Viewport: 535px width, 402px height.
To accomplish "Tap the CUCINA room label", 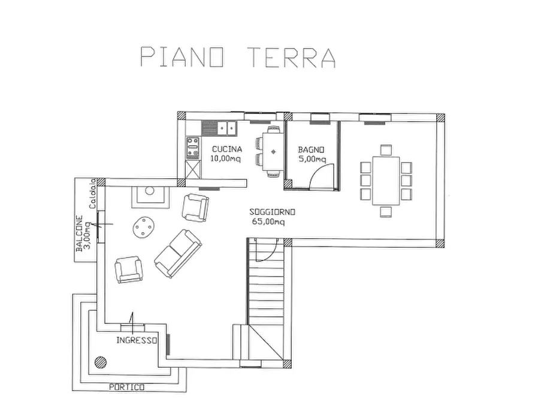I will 226,149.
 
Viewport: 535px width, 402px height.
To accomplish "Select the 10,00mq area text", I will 226,159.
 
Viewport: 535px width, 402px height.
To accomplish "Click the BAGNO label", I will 312,149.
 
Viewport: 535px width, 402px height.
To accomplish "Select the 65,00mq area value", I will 269,222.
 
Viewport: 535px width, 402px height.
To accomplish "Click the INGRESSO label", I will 137,340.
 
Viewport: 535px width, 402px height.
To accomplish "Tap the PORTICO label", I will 126,388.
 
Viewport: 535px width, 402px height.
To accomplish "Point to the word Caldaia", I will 93,194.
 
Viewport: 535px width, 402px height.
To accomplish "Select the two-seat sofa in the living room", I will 178,253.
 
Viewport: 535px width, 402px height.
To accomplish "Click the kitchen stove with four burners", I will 193,148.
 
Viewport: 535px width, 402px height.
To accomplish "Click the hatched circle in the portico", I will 99,362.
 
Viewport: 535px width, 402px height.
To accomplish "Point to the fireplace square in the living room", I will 147,194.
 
